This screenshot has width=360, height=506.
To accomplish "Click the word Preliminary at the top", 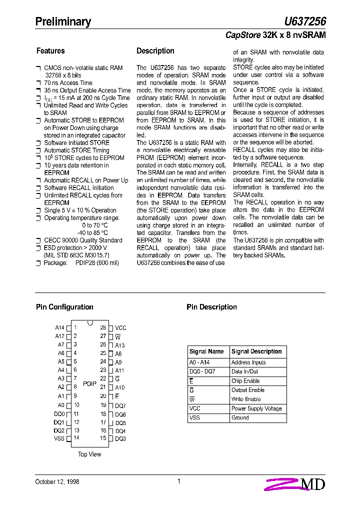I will click(x=63, y=21).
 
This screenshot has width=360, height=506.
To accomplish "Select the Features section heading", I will click(x=50, y=51).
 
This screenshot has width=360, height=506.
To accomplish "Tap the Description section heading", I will click(x=155, y=51).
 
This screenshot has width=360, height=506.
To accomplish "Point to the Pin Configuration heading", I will click(x=64, y=307).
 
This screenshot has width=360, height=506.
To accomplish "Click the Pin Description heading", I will click(x=211, y=307).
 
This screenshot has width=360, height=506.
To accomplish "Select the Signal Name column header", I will click(x=206, y=351).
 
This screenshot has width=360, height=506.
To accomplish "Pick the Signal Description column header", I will click(x=256, y=351).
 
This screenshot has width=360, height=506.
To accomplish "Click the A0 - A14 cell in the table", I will click(x=199, y=362).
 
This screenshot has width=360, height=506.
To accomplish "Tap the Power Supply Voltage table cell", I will click(x=256, y=408).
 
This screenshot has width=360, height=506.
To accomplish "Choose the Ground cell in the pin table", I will click(x=240, y=417).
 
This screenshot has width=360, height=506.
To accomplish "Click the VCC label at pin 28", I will click(x=120, y=328).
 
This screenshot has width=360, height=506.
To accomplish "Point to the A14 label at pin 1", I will click(x=59, y=328).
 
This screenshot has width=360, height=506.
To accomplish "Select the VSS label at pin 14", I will click(x=59, y=438).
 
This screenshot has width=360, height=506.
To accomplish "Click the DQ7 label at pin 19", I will click(x=120, y=406).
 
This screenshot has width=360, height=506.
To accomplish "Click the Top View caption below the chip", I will click(x=89, y=454).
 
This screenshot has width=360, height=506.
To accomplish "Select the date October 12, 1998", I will click(x=57, y=482).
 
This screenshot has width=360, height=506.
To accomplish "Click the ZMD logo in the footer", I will click(x=295, y=484).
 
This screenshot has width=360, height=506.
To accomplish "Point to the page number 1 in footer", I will click(x=178, y=481).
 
